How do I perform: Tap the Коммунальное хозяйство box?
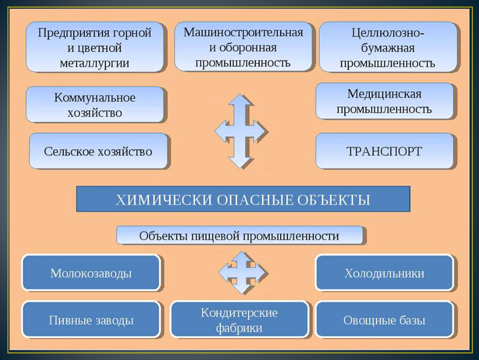[x=95, y=105]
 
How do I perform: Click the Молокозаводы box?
[x=91, y=273]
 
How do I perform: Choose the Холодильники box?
[x=384, y=273]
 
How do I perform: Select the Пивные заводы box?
[x=91, y=320]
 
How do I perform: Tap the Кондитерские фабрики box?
[x=239, y=320]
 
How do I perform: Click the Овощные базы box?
[x=384, y=320]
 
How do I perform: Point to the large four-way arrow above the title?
[x=241, y=131]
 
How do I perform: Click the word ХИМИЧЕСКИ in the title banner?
[x=164, y=200]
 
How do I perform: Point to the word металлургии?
[x=95, y=63]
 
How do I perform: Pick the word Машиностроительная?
[x=243, y=32]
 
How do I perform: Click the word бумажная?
[x=388, y=48]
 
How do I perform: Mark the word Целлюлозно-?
[x=388, y=32]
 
